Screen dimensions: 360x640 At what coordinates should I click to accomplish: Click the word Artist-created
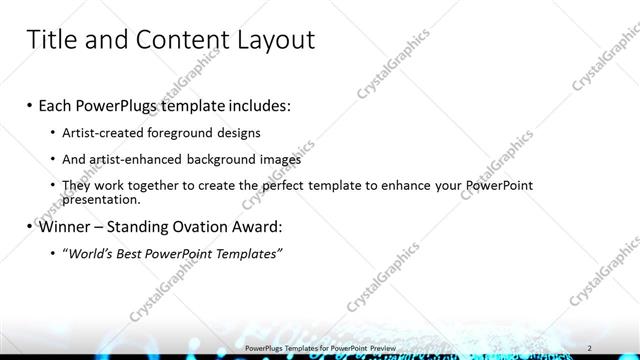click(x=105, y=132)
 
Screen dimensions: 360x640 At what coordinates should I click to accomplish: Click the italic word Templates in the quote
click(x=245, y=254)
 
